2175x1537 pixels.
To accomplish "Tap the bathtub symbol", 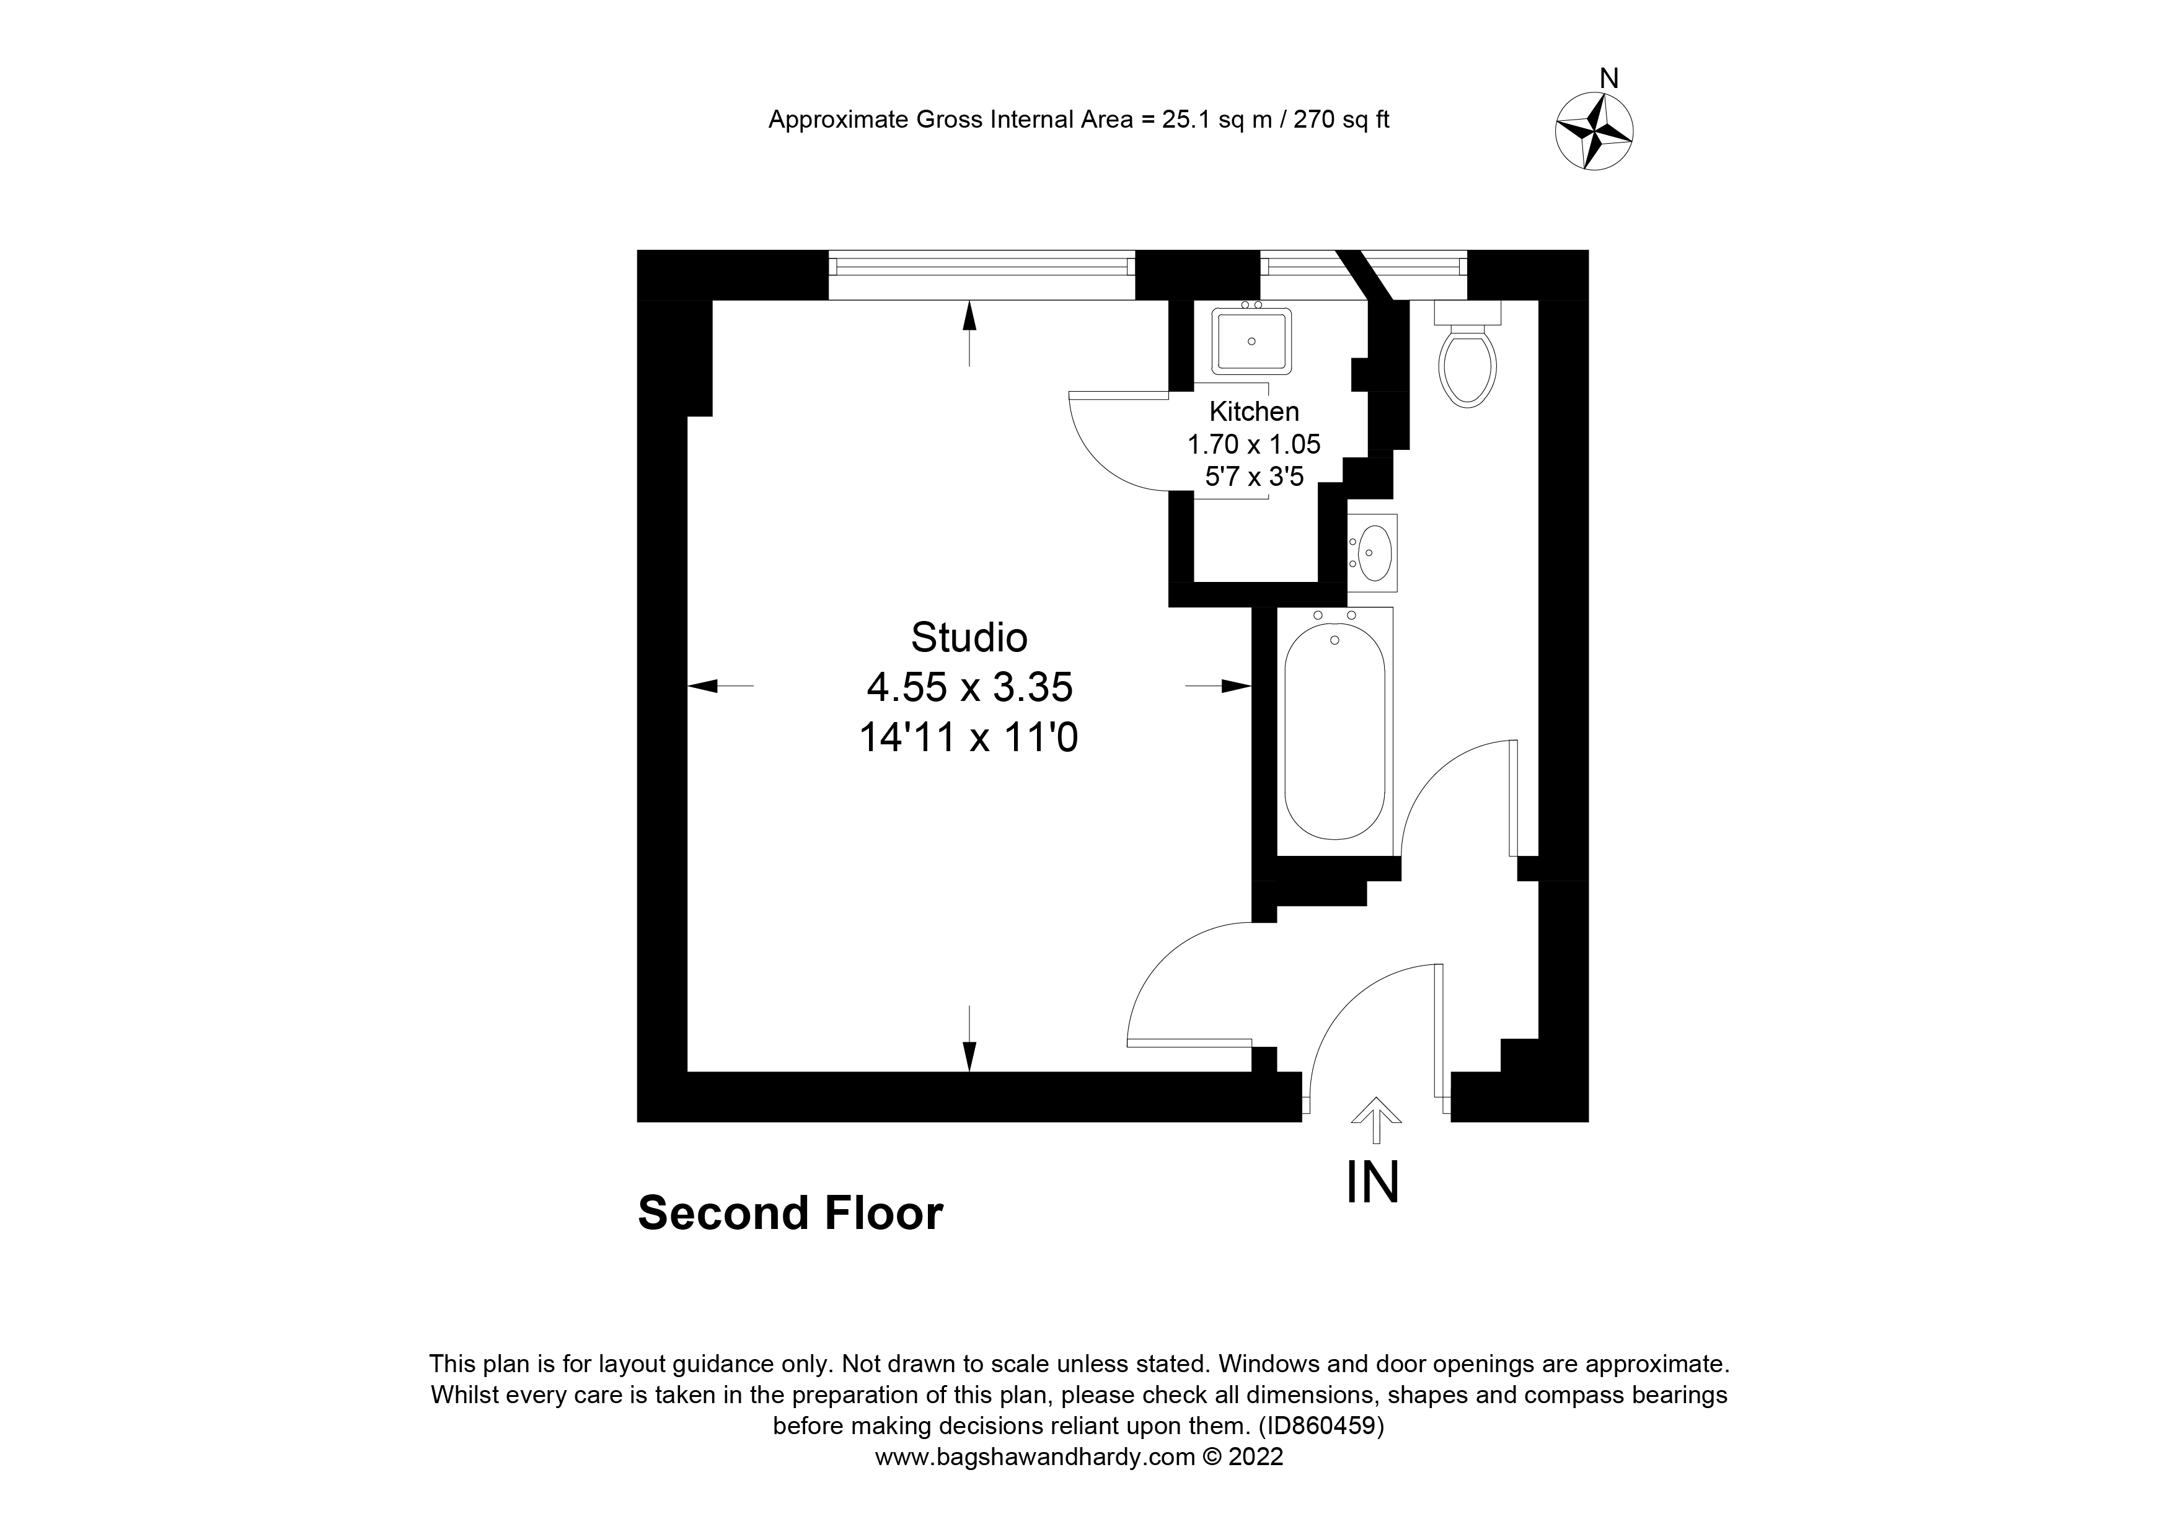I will point(1335,730).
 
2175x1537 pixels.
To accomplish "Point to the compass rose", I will point(1594,131).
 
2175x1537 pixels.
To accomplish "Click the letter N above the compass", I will point(1608,79).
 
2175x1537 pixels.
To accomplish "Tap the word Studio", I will point(968,637).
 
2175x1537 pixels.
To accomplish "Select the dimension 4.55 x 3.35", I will point(969,687).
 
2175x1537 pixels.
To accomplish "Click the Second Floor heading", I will point(790,1213).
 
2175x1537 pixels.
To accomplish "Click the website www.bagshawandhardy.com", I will point(1035,1456).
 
